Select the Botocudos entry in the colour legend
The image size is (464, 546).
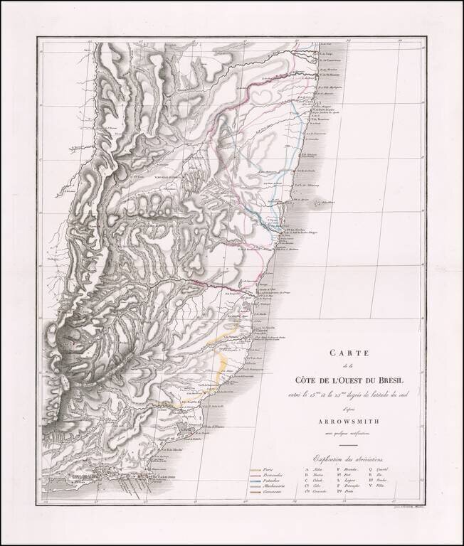coord(273,476)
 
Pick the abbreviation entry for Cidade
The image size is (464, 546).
coord(314,483)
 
